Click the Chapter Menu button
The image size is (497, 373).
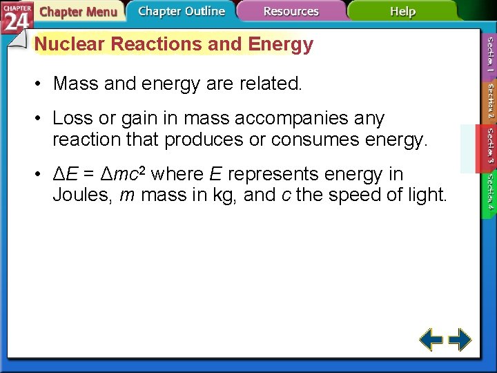tap(77, 12)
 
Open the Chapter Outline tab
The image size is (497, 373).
tap(181, 11)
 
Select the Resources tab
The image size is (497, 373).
tap(291, 12)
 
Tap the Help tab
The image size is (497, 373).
tap(402, 12)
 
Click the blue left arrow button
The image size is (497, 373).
tap(431, 339)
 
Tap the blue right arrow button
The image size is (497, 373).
tap(460, 339)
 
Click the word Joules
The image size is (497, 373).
tap(81, 195)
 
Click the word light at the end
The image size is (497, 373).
tap(428, 195)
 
